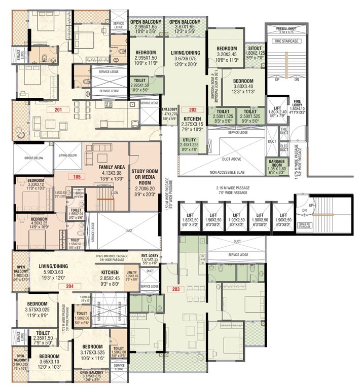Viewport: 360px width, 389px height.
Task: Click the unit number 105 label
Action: (x=77, y=176)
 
